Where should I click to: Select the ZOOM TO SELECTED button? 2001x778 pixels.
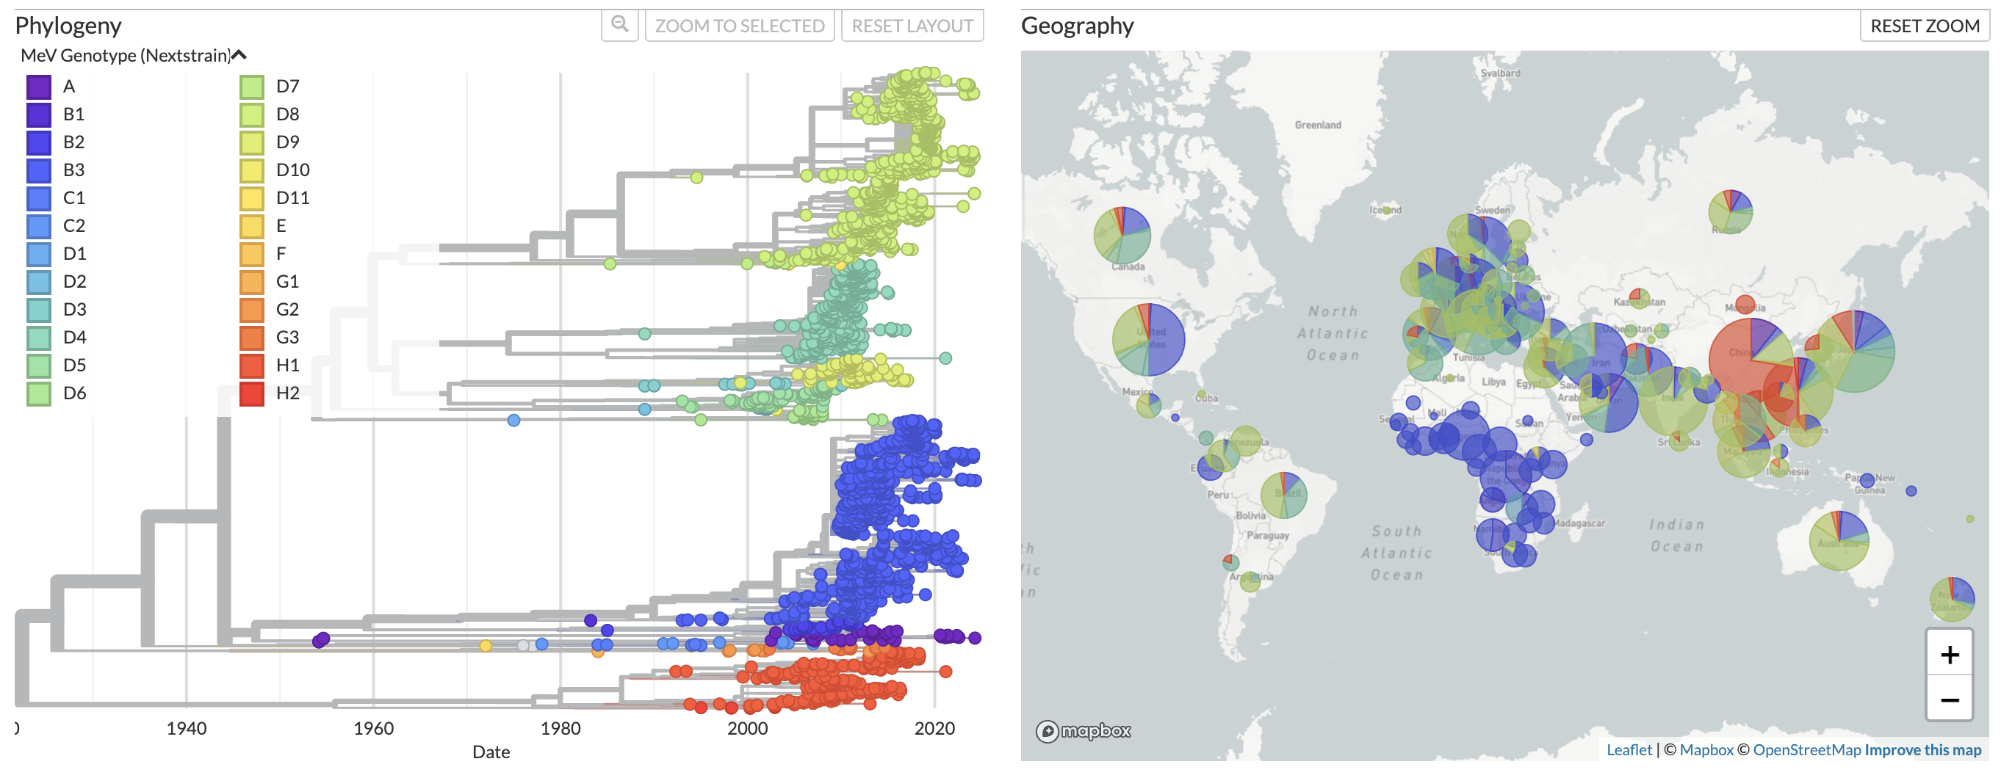(739, 26)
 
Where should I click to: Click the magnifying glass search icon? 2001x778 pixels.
(619, 25)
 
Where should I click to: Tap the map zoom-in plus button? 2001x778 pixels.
(1948, 655)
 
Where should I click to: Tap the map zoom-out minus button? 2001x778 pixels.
(1948, 699)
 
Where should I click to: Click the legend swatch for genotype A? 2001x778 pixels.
(39, 86)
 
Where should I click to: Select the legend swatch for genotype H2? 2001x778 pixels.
(252, 393)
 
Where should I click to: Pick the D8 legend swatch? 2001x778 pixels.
(252, 114)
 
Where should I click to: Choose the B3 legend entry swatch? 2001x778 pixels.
(39, 170)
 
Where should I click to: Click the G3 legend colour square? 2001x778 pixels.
(252, 337)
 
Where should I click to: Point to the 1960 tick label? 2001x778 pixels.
(373, 728)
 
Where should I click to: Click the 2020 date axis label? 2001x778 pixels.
(934, 728)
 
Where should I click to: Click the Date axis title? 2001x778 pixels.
(491, 752)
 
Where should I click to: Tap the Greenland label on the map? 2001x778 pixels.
(1317, 125)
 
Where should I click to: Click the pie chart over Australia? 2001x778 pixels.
(1838, 541)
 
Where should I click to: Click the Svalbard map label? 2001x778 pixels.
(1500, 73)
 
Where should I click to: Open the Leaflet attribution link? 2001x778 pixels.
(1628, 749)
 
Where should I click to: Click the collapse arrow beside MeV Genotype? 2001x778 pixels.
(239, 55)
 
